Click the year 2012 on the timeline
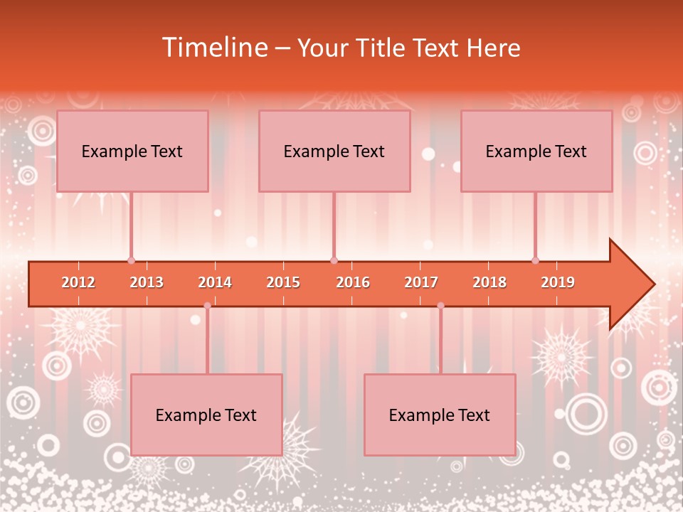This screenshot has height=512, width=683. tap(78, 282)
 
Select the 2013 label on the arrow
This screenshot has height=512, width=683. tap(147, 282)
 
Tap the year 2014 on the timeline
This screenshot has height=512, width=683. tap(215, 282)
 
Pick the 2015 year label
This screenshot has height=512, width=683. tap(283, 282)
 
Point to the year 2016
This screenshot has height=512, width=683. tap(353, 282)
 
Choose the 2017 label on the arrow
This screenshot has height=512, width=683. tap(421, 282)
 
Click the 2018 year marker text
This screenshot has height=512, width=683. tap(489, 282)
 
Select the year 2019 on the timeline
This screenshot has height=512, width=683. tap(558, 282)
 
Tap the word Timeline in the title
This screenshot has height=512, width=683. tap(214, 48)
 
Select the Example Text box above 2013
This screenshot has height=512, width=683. tap(132, 151)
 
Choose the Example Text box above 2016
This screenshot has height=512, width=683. tap(334, 151)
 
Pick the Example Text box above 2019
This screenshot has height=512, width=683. tap(536, 151)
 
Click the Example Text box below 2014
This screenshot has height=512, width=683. tap(206, 415)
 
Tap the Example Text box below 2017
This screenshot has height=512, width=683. tap(440, 415)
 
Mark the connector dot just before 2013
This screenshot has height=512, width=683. tap(131, 260)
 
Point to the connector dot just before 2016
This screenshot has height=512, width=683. tap(334, 260)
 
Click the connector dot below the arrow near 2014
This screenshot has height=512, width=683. tap(207, 306)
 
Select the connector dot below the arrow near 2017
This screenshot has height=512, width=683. tap(440, 306)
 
